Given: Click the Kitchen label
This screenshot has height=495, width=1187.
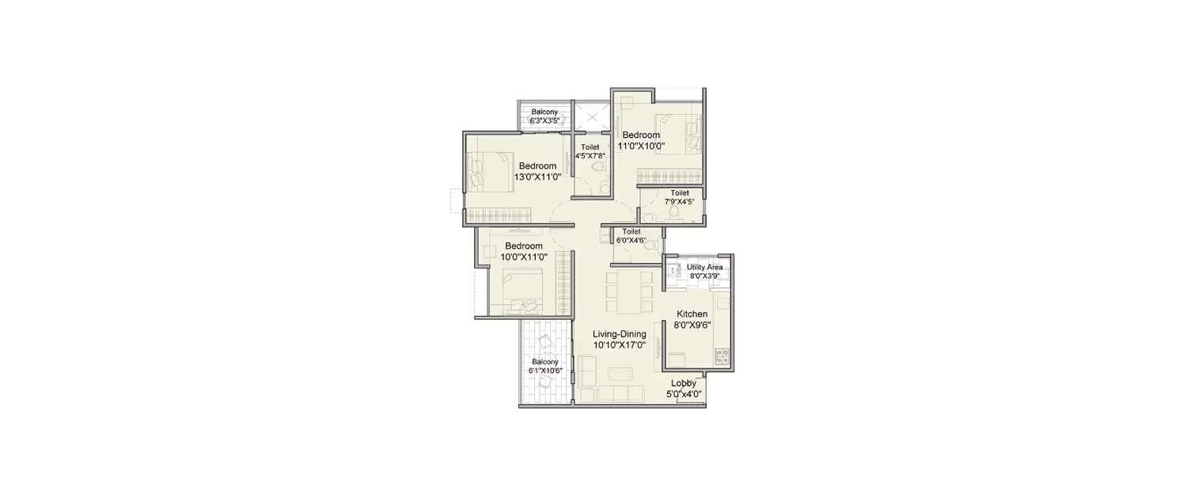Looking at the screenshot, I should click(x=692, y=314).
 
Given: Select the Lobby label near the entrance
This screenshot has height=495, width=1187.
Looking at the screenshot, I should click(x=684, y=383).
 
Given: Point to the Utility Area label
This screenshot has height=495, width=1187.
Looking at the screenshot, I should click(x=703, y=268).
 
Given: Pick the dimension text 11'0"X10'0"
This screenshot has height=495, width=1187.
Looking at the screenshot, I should click(x=640, y=146).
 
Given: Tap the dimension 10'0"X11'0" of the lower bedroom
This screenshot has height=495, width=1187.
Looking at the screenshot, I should click(x=524, y=257).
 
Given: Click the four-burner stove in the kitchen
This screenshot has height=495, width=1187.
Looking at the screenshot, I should click(x=722, y=356).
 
